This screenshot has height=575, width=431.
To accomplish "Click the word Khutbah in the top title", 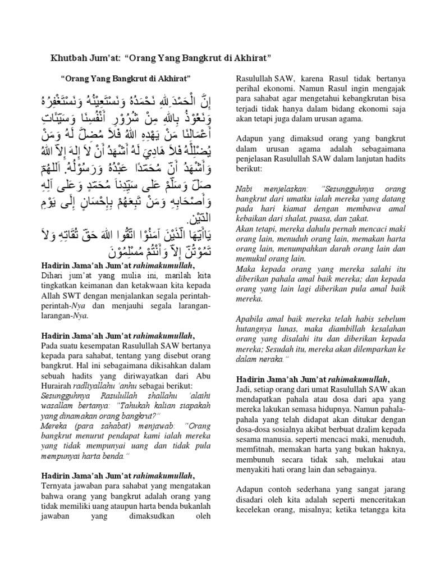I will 63,58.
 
